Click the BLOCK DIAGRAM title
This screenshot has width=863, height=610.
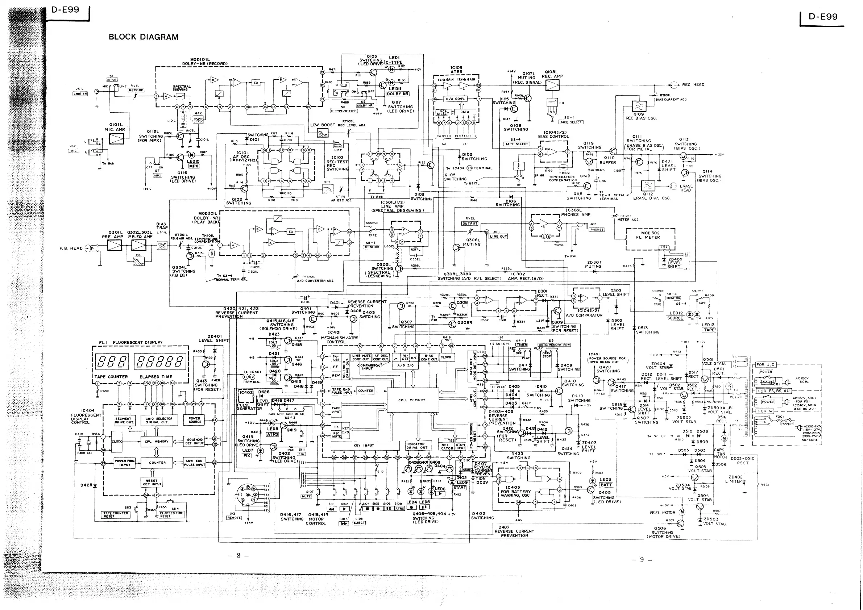point(143,37)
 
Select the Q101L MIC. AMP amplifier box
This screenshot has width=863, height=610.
point(116,139)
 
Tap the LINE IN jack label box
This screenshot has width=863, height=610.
point(80,94)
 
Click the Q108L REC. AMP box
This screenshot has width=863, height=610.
point(552,85)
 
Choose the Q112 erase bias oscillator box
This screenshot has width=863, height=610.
point(648,186)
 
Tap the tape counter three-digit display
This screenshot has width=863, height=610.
point(111,362)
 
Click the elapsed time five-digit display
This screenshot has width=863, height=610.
point(161,362)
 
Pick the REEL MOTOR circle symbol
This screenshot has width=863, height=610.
point(681,512)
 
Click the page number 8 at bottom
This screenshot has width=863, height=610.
point(238,556)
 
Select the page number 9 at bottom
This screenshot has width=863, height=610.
point(642,559)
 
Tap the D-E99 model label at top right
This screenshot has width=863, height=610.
point(823,17)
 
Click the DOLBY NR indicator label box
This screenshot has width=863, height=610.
point(398,94)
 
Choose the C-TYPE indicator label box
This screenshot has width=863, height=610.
point(394,62)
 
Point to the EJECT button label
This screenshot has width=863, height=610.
point(359,523)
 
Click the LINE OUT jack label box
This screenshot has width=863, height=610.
point(498,236)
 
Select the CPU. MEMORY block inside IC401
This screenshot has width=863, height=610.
point(412,400)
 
